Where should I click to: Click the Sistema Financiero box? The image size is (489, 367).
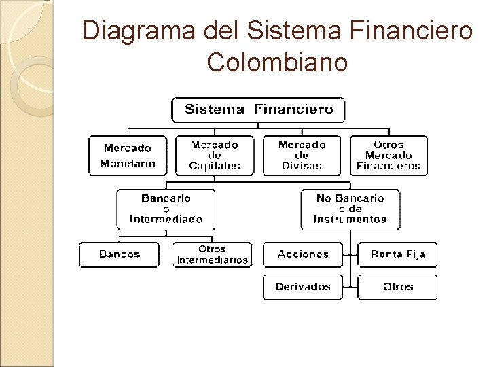pyautogui.click(x=258, y=109)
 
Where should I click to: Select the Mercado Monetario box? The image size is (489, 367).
pyautogui.click(x=128, y=156)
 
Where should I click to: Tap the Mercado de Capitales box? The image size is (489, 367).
pyautogui.click(x=215, y=156)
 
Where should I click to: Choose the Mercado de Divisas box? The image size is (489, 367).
pyautogui.click(x=302, y=156)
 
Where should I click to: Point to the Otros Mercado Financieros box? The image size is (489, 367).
pyautogui.click(x=388, y=156)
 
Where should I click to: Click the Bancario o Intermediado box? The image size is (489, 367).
pyautogui.click(x=166, y=209)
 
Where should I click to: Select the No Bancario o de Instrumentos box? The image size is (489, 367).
pyautogui.click(x=350, y=209)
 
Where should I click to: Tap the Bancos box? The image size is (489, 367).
pyautogui.click(x=120, y=255)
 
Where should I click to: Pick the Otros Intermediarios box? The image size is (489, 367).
pyautogui.click(x=213, y=255)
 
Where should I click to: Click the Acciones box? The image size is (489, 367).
pyautogui.click(x=303, y=255)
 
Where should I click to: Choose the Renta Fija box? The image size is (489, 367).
pyautogui.click(x=398, y=255)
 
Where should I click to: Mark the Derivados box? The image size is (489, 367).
pyautogui.click(x=303, y=287)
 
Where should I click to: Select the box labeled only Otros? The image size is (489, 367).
pyautogui.click(x=398, y=287)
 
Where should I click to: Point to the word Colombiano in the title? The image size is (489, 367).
pyautogui.click(x=277, y=62)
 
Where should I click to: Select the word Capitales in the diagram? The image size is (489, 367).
pyautogui.click(x=215, y=166)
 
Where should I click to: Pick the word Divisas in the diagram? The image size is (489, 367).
pyautogui.click(x=302, y=166)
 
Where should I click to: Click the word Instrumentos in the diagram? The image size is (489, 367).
pyautogui.click(x=350, y=220)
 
